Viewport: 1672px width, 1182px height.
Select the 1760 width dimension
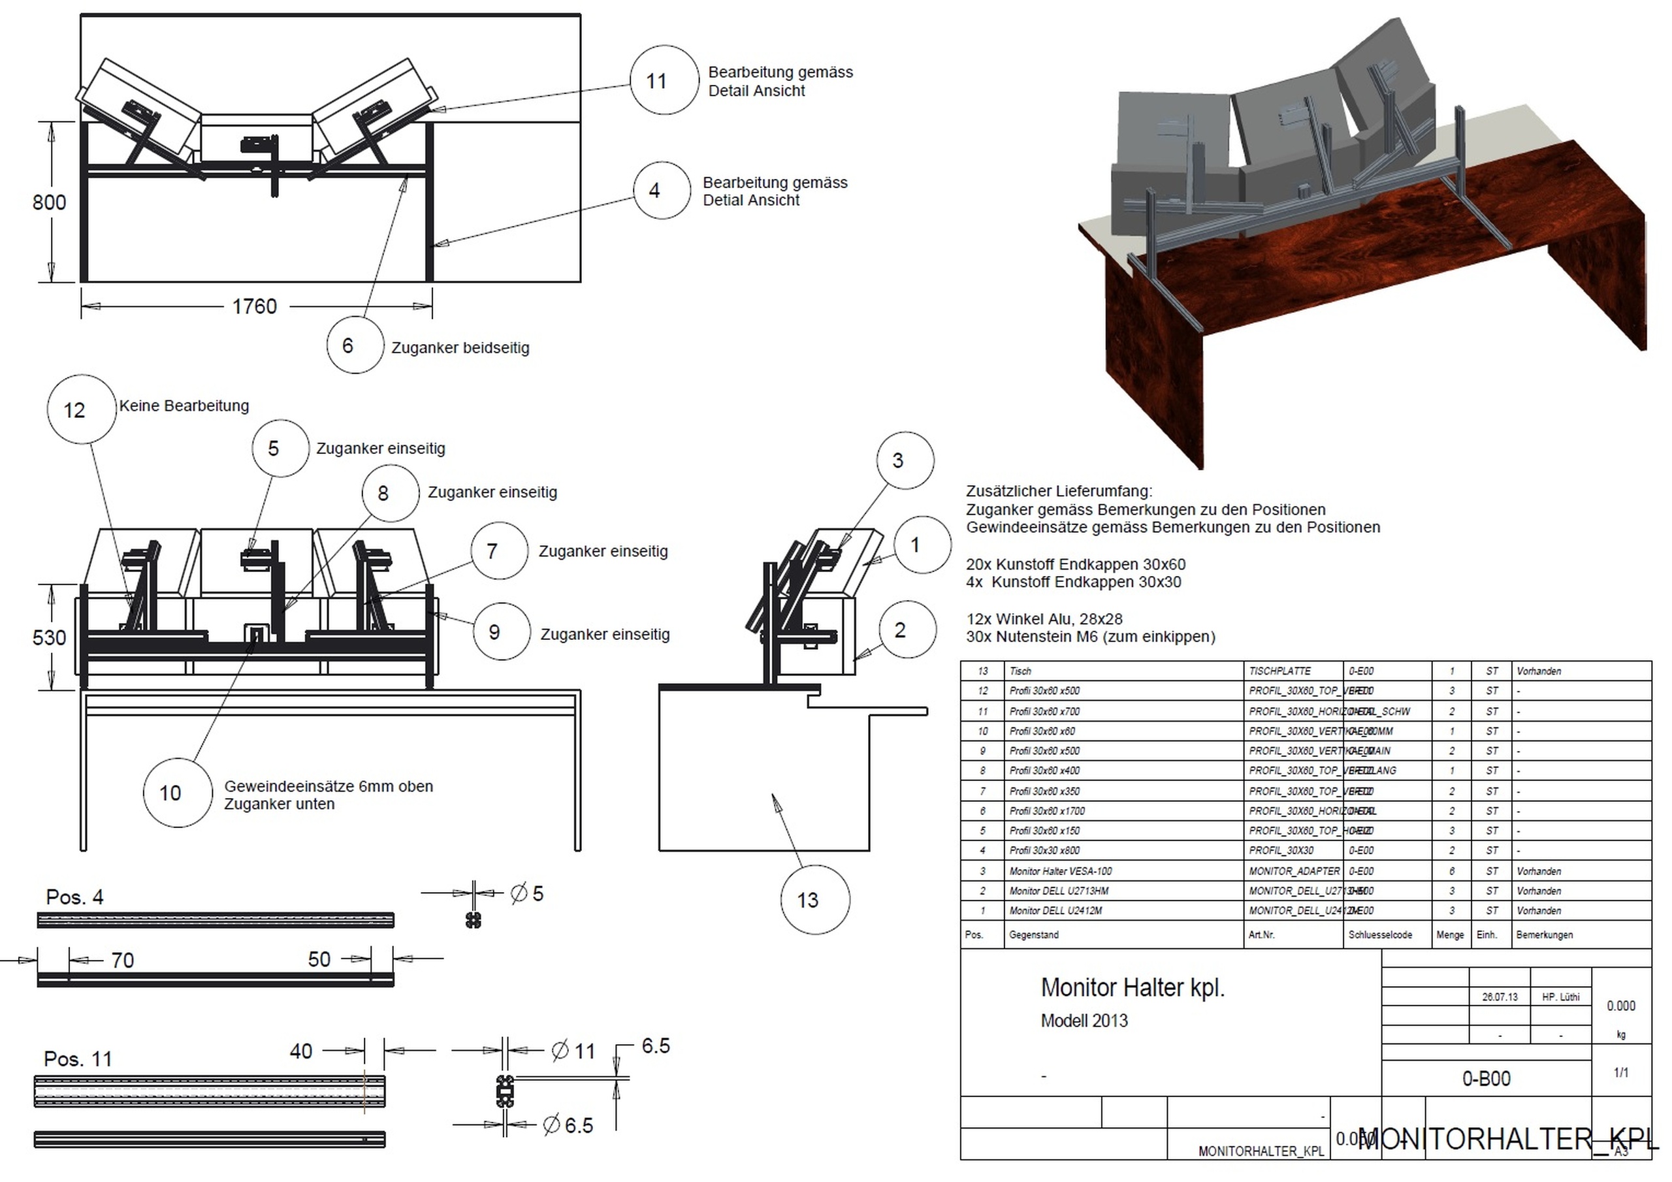click(x=254, y=307)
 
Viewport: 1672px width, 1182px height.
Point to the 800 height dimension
click(x=49, y=202)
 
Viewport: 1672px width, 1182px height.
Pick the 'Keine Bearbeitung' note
click(x=184, y=406)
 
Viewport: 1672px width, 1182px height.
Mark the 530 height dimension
click(x=49, y=638)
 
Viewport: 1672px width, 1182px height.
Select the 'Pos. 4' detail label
click(x=74, y=897)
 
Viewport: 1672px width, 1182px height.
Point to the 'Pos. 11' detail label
click(x=78, y=1059)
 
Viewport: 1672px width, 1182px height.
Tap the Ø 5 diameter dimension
click(x=527, y=893)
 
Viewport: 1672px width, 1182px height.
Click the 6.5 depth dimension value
click(x=655, y=1047)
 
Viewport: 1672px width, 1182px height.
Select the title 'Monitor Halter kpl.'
click(x=1133, y=988)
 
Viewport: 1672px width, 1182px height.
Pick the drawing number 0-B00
click(x=1486, y=1079)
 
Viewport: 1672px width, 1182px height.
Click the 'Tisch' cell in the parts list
click(x=1020, y=671)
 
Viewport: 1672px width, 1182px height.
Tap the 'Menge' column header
click(x=1449, y=935)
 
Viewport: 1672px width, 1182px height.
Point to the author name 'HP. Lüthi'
click(x=1560, y=997)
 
